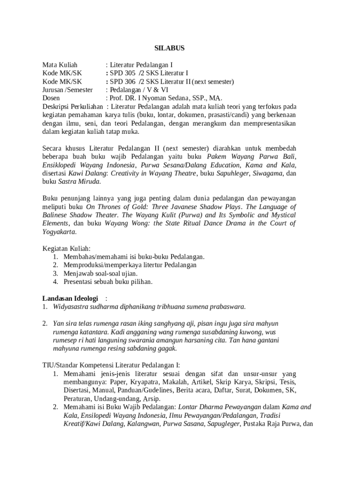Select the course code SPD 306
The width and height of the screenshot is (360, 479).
121,81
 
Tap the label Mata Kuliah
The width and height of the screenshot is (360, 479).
60,65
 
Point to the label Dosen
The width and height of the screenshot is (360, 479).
51,98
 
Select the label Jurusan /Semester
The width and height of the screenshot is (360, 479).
67,90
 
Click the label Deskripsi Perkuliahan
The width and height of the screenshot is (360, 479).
72,107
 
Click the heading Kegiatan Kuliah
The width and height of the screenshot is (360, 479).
66,248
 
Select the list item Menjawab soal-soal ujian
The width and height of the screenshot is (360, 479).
101,274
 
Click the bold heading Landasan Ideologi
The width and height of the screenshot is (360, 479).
70,298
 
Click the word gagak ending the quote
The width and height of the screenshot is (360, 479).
167,348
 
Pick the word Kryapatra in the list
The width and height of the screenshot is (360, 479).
146,382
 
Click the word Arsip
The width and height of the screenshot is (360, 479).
151,399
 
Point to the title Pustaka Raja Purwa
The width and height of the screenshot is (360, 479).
268,424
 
